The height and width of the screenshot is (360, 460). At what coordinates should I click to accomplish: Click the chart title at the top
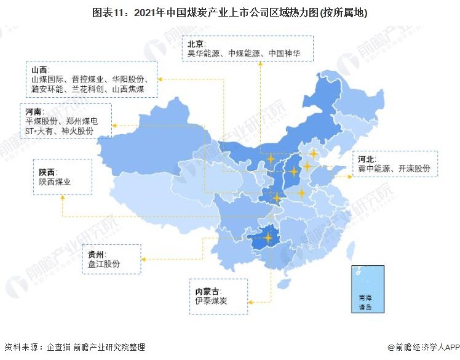coord(230,12)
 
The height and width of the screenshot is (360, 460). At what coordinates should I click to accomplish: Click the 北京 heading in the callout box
coord(196,44)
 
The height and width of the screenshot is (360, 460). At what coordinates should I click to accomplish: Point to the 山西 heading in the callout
coord(39,70)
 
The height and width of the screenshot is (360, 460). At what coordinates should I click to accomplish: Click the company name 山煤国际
coord(47,79)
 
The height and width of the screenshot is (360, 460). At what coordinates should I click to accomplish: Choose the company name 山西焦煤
coord(128,89)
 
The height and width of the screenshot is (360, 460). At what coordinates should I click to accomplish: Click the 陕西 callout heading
coord(47,172)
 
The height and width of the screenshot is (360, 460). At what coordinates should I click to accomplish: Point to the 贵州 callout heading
coord(97,254)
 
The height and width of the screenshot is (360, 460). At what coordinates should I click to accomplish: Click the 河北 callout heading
coord(367,159)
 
